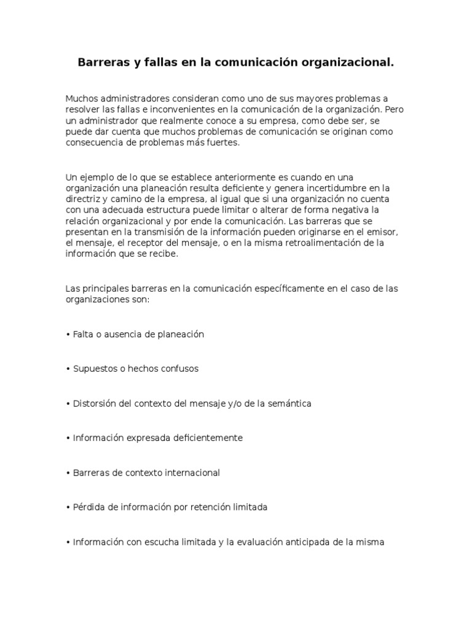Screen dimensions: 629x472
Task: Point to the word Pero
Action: pyautogui.click(x=393, y=109)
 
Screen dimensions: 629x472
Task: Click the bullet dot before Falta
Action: pyautogui.click(x=68, y=335)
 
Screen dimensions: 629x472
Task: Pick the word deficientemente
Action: pyautogui.click(x=205, y=438)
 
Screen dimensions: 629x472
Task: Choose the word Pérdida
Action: pyautogui.click(x=89, y=507)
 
